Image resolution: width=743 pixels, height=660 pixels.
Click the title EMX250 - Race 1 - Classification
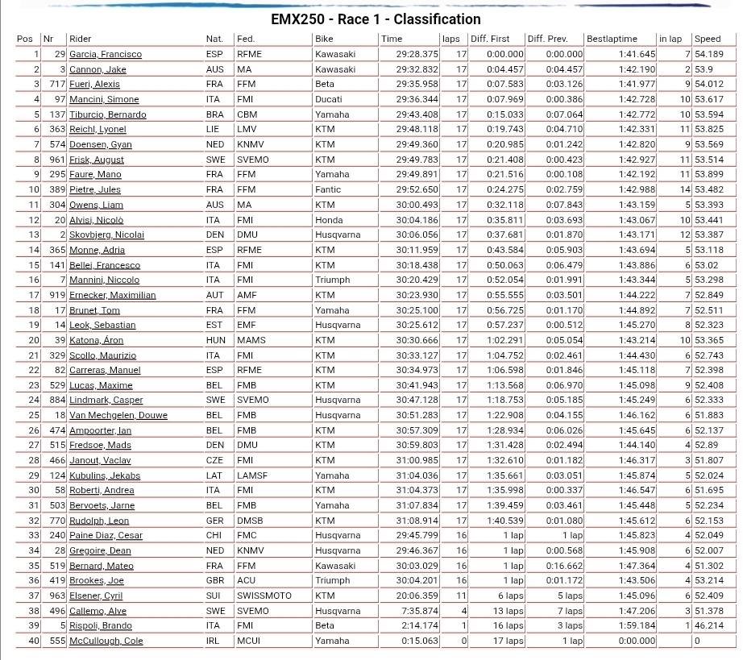tap(376, 19)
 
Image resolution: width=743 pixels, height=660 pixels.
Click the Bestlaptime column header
tap(612, 39)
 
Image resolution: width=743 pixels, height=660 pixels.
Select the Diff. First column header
tap(490, 39)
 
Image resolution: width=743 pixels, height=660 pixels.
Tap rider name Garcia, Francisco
tap(106, 54)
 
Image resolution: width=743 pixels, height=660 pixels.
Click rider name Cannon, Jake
tap(98, 69)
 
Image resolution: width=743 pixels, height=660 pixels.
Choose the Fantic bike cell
tap(329, 189)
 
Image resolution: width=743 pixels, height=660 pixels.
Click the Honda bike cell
tap(328, 220)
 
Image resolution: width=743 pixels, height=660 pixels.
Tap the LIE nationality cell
tap(214, 129)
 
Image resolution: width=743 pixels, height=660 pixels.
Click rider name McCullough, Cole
tap(106, 641)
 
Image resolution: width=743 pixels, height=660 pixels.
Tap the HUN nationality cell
tap(215, 340)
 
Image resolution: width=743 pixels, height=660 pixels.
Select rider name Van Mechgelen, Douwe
tap(118, 415)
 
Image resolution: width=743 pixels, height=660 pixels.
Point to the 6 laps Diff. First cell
tap(510, 596)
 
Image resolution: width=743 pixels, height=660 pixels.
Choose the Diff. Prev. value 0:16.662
tap(565, 566)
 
